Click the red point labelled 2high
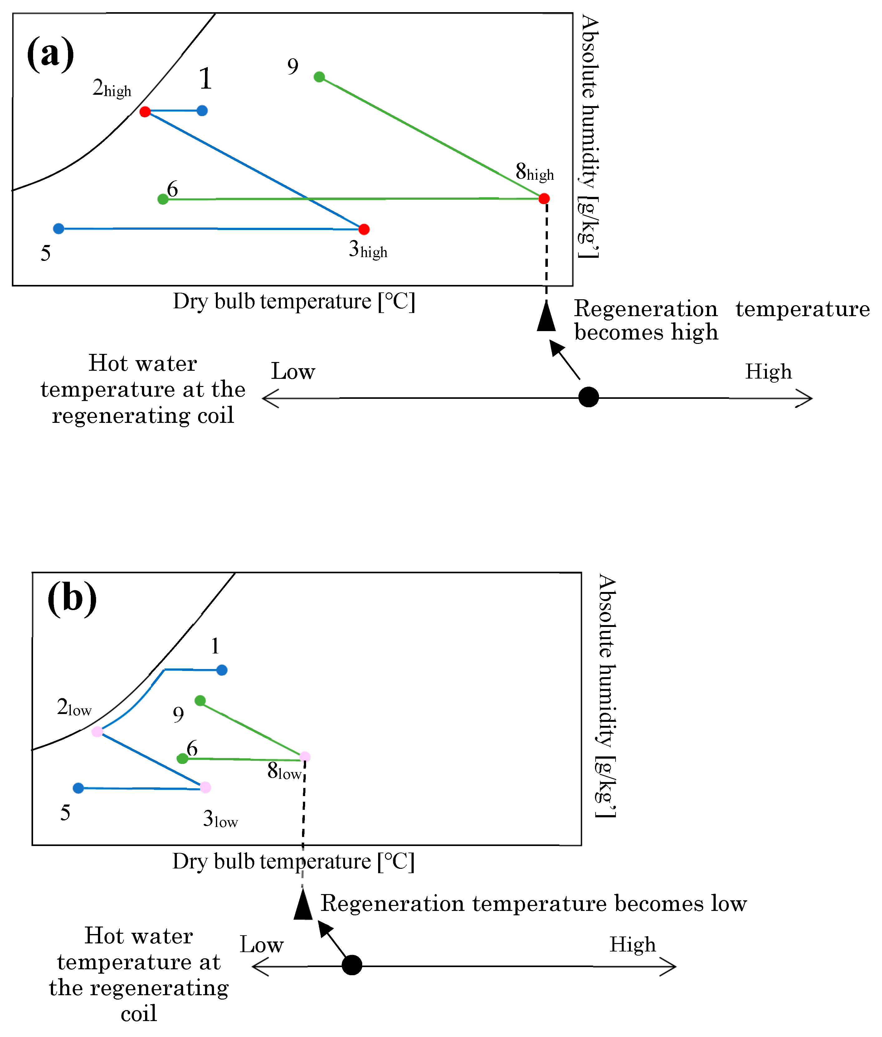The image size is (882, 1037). [145, 111]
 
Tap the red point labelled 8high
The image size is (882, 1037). [544, 198]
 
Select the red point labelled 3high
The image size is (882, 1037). [364, 229]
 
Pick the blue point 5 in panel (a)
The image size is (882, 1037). [59, 228]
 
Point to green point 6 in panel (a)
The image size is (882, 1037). [163, 199]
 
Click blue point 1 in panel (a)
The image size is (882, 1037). [202, 110]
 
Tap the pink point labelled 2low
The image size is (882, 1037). [97, 731]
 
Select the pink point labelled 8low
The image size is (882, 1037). [305, 756]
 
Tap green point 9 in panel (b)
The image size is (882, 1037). [200, 701]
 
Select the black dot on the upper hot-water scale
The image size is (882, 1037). [588, 397]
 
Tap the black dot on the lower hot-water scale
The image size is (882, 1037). [352, 965]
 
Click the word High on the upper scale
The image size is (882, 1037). [768, 371]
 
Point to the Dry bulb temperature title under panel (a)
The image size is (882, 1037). [294, 301]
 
